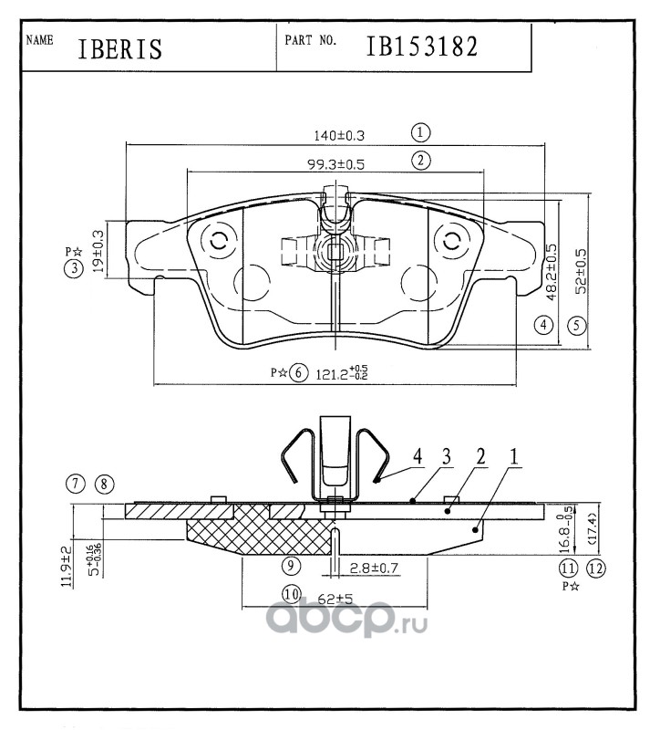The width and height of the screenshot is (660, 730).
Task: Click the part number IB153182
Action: [x=422, y=47]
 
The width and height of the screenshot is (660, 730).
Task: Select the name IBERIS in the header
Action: [x=120, y=49]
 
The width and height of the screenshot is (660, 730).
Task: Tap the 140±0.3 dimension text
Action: [x=339, y=136]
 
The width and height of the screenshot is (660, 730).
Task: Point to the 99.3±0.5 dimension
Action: [x=335, y=164]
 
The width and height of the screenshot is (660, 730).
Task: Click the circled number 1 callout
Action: [x=420, y=132]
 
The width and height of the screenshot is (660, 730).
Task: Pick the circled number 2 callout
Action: [x=421, y=161]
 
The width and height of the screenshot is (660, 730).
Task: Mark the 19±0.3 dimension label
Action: [x=98, y=250]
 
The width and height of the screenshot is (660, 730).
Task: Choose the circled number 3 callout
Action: [x=74, y=268]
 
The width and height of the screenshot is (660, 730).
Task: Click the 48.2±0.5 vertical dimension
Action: [x=552, y=272]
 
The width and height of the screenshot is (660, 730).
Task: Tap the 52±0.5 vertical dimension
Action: [x=582, y=271]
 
